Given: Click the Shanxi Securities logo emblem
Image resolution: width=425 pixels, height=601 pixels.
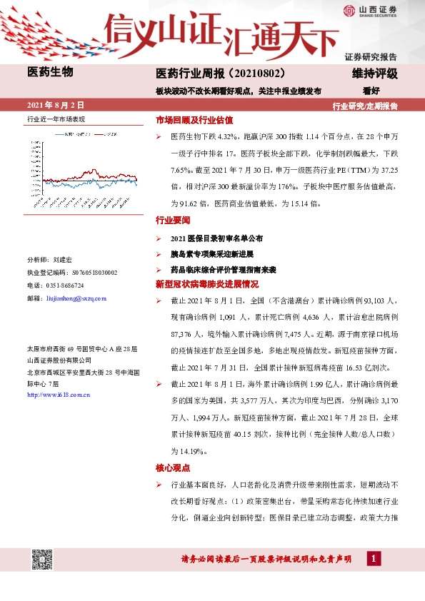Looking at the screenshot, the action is point(348,10).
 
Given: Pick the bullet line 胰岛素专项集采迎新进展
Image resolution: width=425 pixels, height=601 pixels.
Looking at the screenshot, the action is point(213,254).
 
